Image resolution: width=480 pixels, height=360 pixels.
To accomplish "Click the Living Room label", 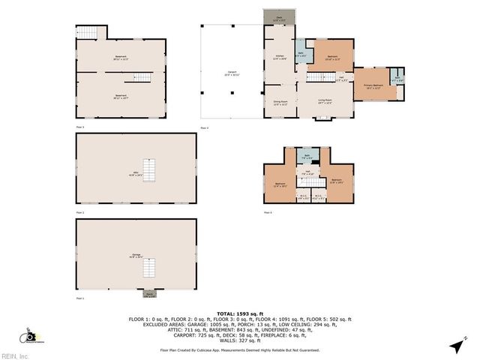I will point(324,100).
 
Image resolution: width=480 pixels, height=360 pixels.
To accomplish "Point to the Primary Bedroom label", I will point(373,85).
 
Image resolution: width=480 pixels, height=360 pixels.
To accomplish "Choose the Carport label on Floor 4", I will point(231,73).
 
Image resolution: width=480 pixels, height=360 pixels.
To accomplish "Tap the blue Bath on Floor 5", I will point(306,157).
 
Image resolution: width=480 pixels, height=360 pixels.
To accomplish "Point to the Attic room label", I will point(136,175).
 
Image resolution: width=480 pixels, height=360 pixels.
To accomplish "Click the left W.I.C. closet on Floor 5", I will point(302,198).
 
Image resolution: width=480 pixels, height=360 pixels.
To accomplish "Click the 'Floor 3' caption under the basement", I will point(80,127).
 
